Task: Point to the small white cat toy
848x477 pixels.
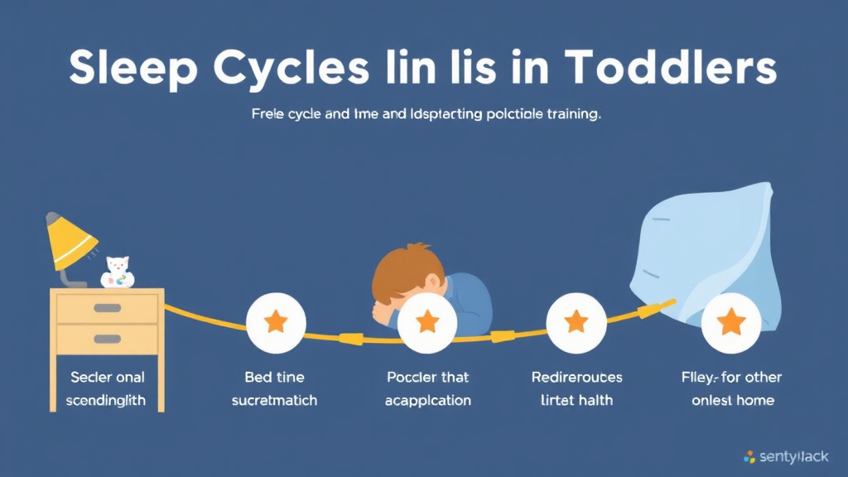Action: point(117,272)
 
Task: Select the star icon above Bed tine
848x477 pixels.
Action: point(276,322)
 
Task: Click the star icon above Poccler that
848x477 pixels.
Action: point(427,322)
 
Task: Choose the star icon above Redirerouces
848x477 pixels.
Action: point(577,322)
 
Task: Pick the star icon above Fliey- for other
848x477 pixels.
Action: point(731,322)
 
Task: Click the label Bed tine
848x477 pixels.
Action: point(276,378)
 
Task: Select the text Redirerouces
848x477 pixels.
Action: point(576,378)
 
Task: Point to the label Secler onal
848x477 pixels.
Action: point(107,378)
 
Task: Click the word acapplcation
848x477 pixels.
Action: point(428,401)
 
